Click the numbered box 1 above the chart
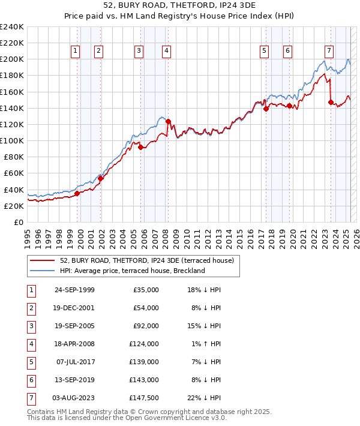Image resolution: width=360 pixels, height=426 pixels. point(76,51)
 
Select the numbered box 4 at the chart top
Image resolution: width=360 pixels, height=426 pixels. point(165,51)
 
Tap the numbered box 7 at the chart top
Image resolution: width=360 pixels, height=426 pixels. point(329,51)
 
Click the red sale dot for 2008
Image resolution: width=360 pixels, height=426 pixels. point(169,121)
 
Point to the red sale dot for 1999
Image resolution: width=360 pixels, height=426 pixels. point(77,193)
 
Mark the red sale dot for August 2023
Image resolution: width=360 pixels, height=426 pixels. point(331,102)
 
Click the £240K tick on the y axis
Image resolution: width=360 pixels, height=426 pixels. point(12,27)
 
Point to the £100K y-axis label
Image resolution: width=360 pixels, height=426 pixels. point(12,140)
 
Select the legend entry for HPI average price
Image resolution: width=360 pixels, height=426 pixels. point(132,271)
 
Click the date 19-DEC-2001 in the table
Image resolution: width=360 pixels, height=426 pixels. point(74,308)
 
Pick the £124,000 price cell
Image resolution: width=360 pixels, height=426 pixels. point(146,344)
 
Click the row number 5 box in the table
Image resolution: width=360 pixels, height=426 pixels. point(30,362)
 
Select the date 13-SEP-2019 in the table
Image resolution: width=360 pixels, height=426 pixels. point(74,380)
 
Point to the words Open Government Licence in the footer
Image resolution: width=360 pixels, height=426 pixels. point(167,419)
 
